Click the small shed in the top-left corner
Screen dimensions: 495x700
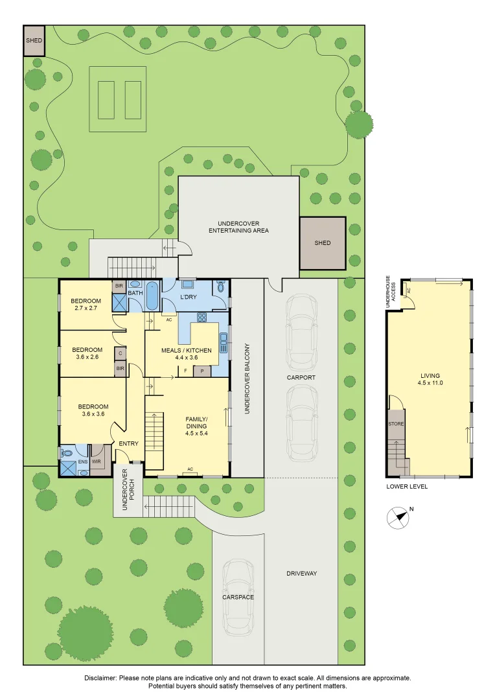[34, 41]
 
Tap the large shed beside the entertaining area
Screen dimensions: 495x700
[322, 243]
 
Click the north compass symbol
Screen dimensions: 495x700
[398, 518]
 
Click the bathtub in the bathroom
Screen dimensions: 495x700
[152, 296]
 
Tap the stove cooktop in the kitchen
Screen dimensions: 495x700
[201, 318]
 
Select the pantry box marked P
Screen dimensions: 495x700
[201, 371]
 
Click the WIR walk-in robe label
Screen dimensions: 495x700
[97, 461]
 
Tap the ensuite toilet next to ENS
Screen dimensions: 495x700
[68, 452]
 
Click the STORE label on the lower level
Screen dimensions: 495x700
[396, 424]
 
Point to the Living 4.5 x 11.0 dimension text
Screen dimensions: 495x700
[430, 382]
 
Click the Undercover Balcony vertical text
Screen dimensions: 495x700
[247, 379]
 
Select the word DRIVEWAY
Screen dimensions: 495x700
[302, 573]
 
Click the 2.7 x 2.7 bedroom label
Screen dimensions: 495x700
[86, 308]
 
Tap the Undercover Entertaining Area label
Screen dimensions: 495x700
[239, 227]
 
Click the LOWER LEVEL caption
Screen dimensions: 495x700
[407, 487]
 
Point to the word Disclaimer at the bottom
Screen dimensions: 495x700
[100, 678]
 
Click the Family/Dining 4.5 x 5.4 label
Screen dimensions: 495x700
[197, 426]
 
